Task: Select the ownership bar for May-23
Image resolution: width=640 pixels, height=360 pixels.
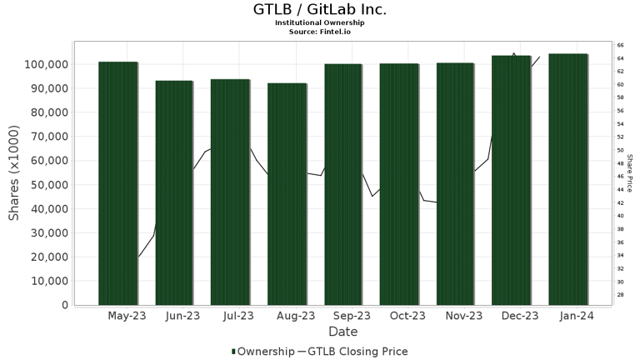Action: point(117,183)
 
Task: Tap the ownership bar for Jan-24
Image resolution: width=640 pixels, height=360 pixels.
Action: point(567,179)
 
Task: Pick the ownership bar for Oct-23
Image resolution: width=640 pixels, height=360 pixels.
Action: point(399,184)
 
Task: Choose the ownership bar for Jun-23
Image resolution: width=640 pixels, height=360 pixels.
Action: point(174,192)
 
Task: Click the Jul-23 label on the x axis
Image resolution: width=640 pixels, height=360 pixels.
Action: point(239,316)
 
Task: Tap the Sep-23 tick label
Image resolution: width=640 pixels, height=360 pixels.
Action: point(352,316)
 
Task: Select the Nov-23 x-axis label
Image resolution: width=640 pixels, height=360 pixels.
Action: point(464,316)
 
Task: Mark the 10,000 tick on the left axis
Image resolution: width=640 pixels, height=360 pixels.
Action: point(49,281)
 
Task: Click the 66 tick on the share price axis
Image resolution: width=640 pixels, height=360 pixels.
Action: point(621,45)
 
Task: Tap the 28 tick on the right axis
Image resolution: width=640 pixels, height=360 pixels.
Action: point(621,295)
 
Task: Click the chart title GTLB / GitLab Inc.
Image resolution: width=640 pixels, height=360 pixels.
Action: point(320,10)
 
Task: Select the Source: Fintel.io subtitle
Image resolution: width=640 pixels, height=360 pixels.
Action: point(320,32)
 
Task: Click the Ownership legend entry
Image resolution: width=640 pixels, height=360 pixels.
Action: point(262,352)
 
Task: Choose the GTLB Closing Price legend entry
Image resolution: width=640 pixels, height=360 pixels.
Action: point(353,352)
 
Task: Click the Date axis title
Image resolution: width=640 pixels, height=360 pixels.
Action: point(342,332)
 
